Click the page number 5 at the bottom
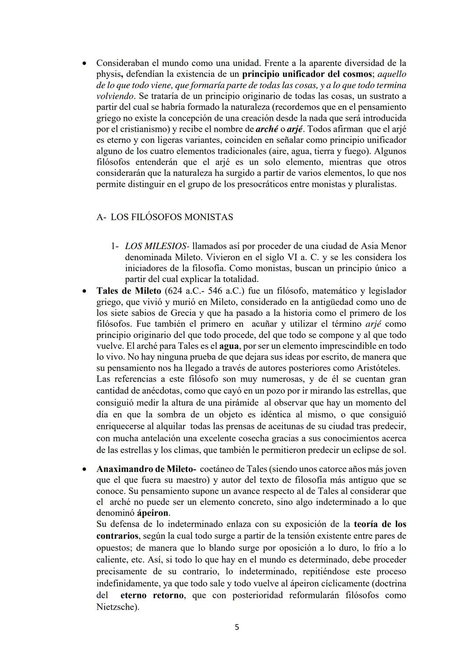[237, 627]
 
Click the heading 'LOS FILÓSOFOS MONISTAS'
[172, 217]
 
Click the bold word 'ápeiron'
[152, 513]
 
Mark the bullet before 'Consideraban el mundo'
[84, 63]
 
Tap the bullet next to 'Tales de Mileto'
[84, 291]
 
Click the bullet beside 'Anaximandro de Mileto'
[84, 469]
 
